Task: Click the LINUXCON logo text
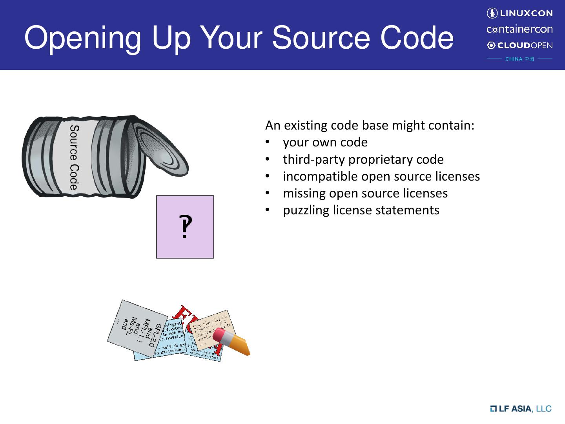pyautogui.click(x=526, y=13)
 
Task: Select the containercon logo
pyautogui.click(x=519, y=29)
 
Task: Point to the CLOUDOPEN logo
pyautogui.click(x=519, y=46)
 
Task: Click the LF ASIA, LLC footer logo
pyautogui.click(x=521, y=409)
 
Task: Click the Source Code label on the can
pyautogui.click(x=74, y=157)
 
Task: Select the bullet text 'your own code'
pyautogui.click(x=325, y=142)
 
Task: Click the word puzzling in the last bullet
pyautogui.click(x=306, y=210)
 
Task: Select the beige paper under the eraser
pyautogui.click(x=210, y=328)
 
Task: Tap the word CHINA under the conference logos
pyautogui.click(x=514, y=59)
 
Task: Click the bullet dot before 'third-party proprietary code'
pyautogui.click(x=267, y=159)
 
